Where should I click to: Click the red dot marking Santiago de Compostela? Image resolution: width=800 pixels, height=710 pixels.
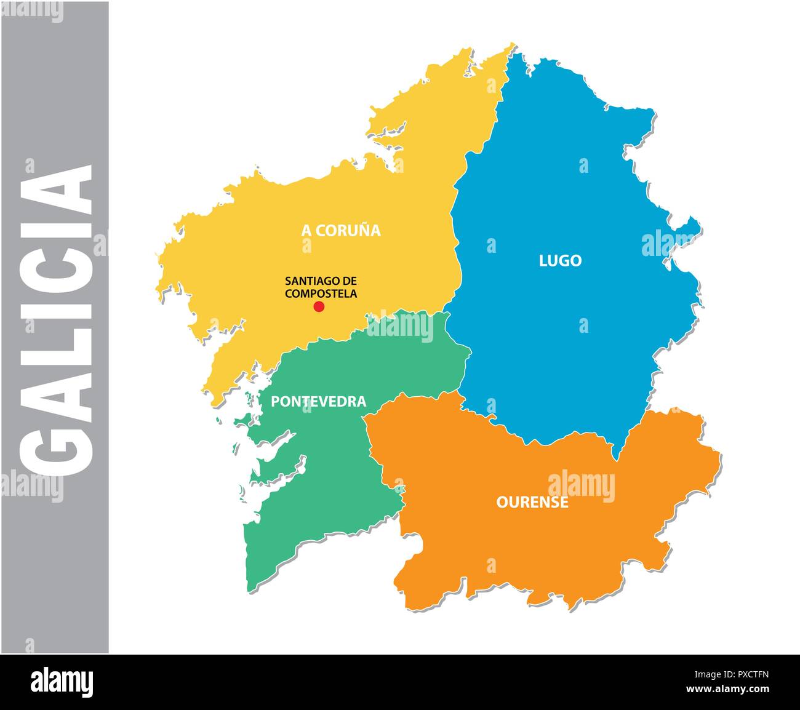319,306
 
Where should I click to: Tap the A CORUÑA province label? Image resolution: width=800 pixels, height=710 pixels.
340,231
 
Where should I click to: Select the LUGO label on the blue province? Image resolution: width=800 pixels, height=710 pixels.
560,261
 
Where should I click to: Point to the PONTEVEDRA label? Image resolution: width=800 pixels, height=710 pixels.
318,402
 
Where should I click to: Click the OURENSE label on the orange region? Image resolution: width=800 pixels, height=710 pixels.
532,503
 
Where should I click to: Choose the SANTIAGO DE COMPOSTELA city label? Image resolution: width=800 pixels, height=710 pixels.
321,287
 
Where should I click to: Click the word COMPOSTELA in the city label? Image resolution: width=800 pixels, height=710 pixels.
321,294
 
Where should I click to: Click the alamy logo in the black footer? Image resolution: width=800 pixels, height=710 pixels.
62,682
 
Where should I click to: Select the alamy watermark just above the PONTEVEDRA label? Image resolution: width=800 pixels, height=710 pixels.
400,326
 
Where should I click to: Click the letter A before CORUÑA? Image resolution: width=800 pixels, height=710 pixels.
305,231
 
